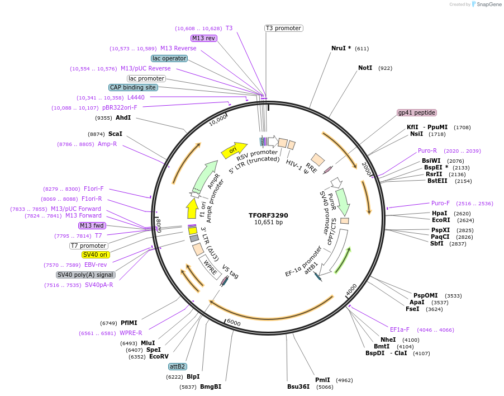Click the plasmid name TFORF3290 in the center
[x=268, y=215]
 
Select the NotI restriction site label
[x=365, y=68]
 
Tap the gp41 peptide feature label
[x=416, y=112]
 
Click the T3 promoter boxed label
[x=283, y=28]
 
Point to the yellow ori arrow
[x=234, y=149]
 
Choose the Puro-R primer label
[x=427, y=150]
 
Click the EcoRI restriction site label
[x=441, y=220]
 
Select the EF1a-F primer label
[x=400, y=329]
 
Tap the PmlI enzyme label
[x=322, y=380]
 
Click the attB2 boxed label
[x=178, y=366]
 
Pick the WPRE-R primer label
[x=131, y=333]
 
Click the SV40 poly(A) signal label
[x=85, y=275]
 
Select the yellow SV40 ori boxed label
[x=96, y=254]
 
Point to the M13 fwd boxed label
[x=92, y=225]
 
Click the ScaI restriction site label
[x=115, y=134]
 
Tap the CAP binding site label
[x=133, y=87]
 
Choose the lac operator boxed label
[x=168, y=58]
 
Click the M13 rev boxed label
[x=203, y=38]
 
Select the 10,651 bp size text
[x=268, y=223]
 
